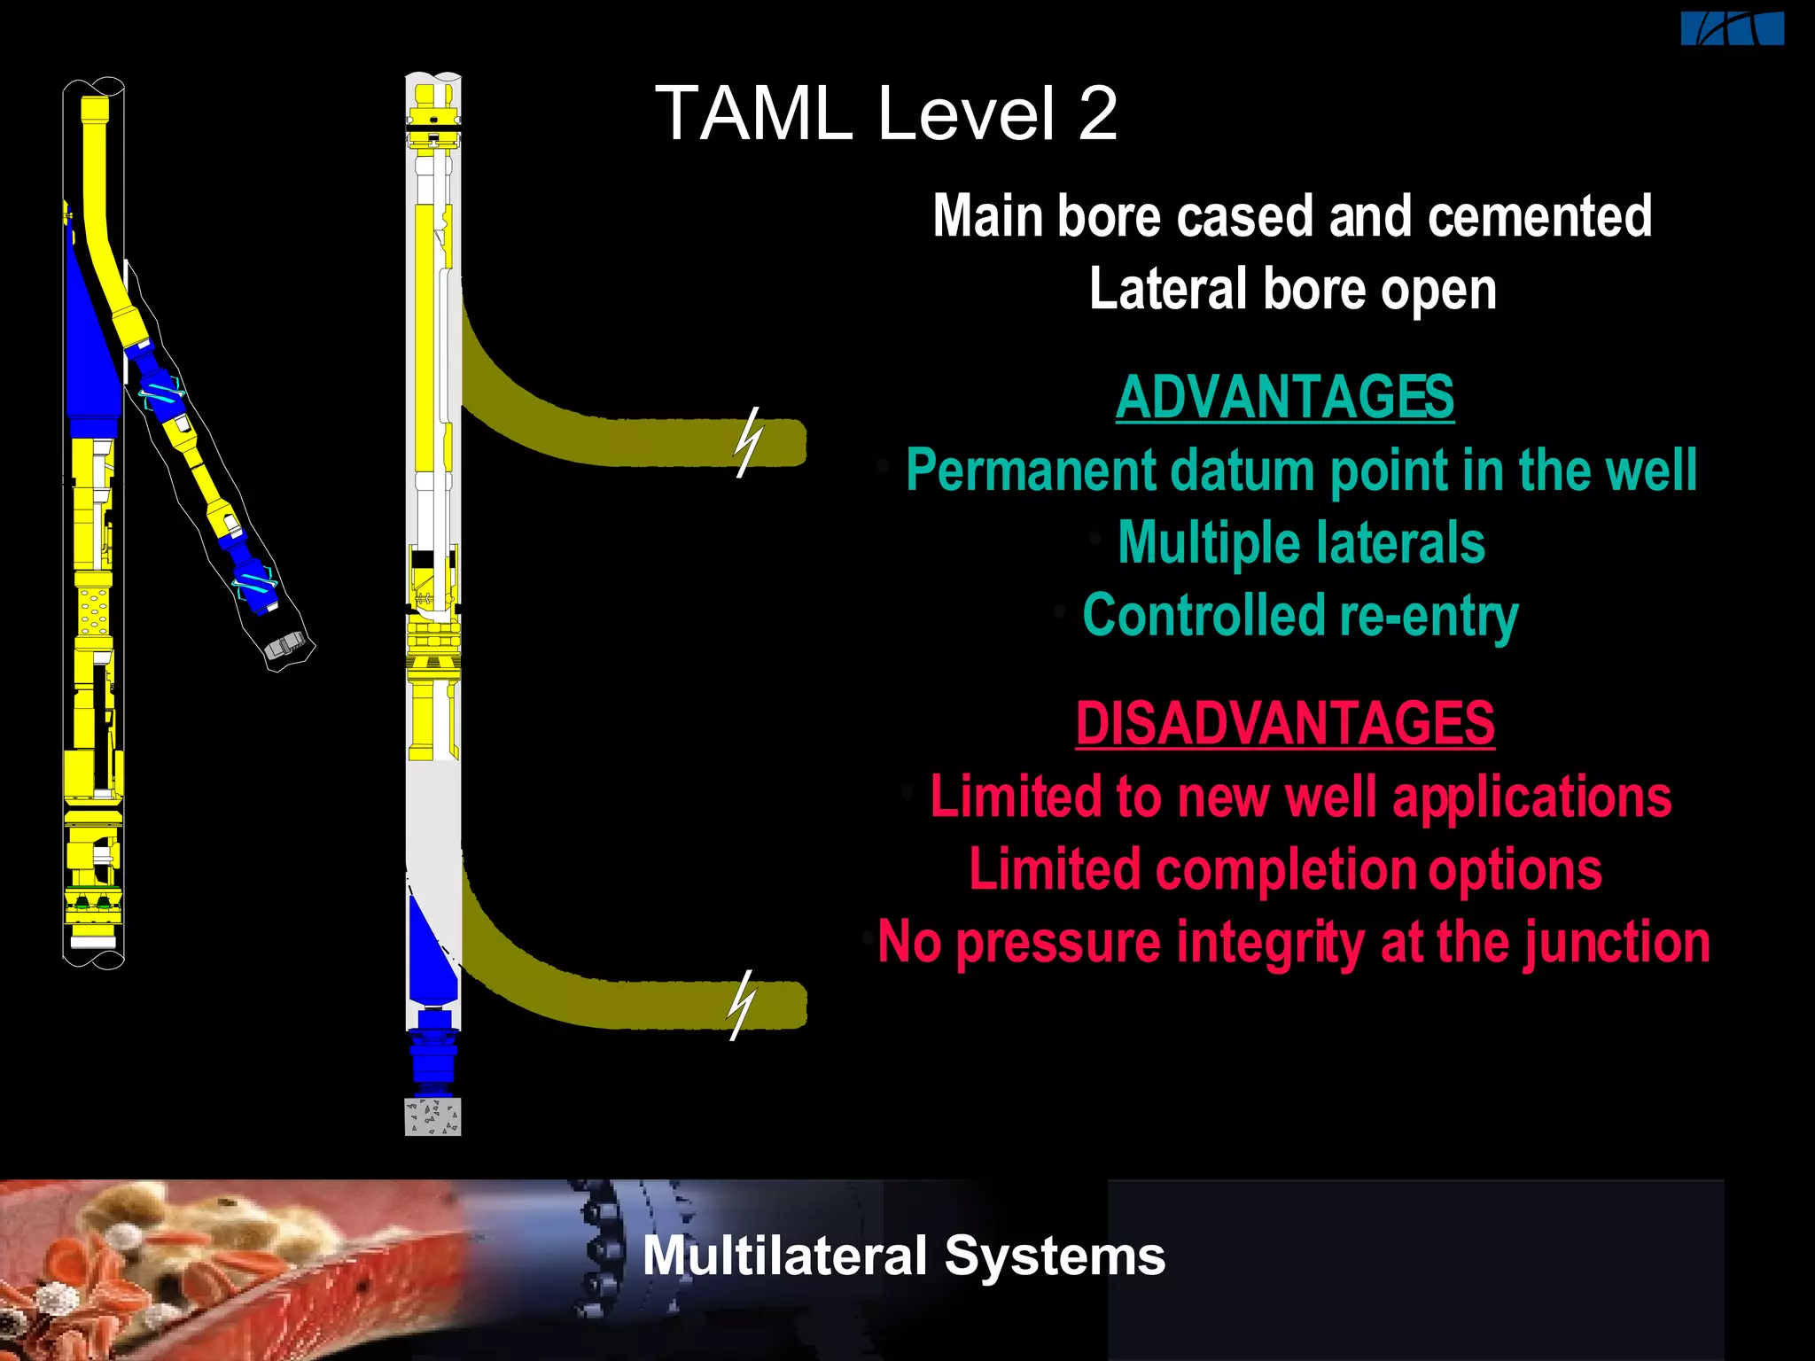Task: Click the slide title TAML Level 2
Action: click(886, 113)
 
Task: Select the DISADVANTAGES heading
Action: click(1284, 723)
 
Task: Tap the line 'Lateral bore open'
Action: click(1292, 290)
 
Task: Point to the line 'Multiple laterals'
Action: click(1300, 542)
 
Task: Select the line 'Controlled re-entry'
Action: click(1300, 616)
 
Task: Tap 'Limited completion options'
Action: click(1285, 869)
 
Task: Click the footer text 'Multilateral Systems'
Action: click(903, 1256)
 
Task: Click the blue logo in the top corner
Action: click(1732, 28)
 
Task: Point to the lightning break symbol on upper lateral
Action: click(748, 442)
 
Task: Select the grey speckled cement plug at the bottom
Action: click(432, 1116)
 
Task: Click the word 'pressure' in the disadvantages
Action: click(1058, 942)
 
